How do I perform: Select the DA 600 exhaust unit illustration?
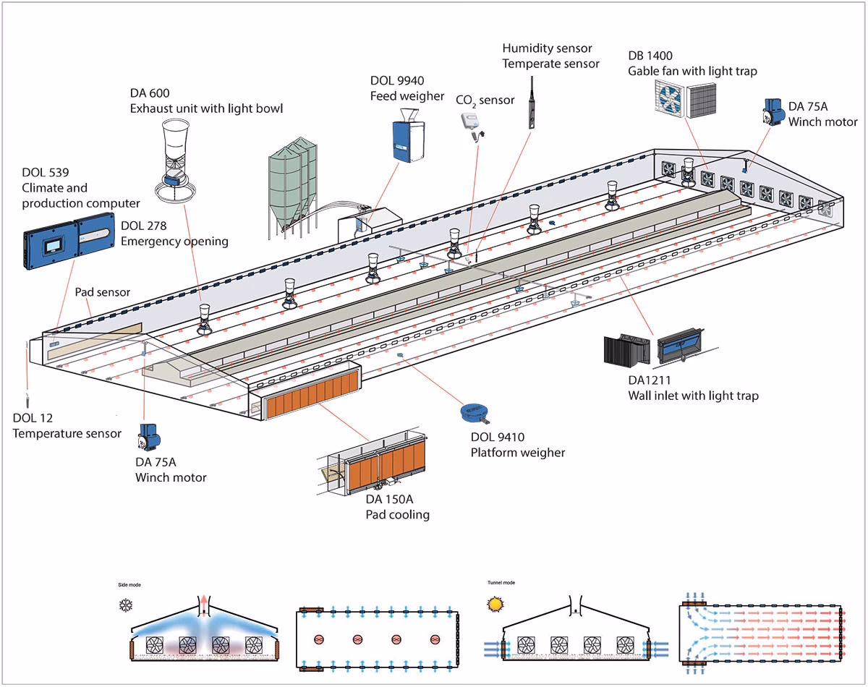pos(174,159)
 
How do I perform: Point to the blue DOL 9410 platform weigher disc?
pos(475,413)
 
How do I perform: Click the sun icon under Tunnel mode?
pos(495,602)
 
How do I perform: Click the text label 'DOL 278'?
pos(142,226)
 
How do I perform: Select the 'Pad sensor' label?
pos(102,292)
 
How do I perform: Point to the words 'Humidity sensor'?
pos(547,48)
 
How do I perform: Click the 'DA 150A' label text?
pos(390,500)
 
